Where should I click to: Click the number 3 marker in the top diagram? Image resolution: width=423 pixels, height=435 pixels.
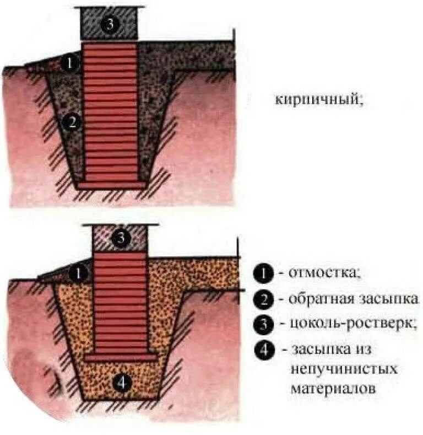coord(110,25)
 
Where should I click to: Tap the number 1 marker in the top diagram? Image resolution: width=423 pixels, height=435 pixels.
coord(69,63)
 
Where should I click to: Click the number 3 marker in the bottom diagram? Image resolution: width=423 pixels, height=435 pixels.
coord(121,238)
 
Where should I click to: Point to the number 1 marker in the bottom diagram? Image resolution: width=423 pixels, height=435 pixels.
coord(80,272)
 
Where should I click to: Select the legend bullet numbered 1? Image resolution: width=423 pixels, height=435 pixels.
coord(263,273)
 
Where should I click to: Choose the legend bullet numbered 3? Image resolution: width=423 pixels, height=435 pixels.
coord(263,324)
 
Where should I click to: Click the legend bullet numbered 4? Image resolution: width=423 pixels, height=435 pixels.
coord(264,351)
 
